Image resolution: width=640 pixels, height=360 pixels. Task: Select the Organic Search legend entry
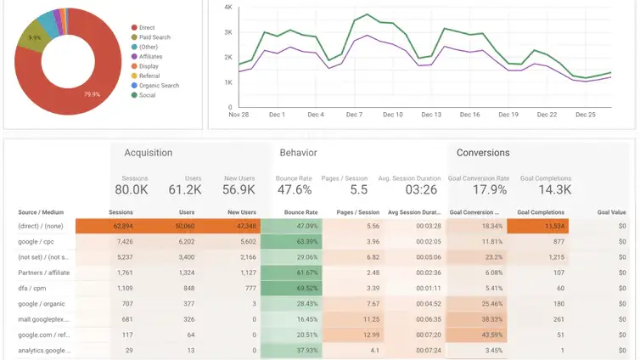[160, 86]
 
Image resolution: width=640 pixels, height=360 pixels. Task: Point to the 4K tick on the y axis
[227, 7]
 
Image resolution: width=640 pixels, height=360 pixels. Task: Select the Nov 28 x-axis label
[239, 115]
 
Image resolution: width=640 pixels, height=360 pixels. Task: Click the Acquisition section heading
[148, 153]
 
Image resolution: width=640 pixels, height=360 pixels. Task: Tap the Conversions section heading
[483, 153]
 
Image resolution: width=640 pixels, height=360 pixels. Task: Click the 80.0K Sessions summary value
[132, 190]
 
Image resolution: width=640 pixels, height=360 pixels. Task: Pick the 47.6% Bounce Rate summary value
[295, 190]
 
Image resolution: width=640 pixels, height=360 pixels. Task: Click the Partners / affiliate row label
[43, 273]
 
